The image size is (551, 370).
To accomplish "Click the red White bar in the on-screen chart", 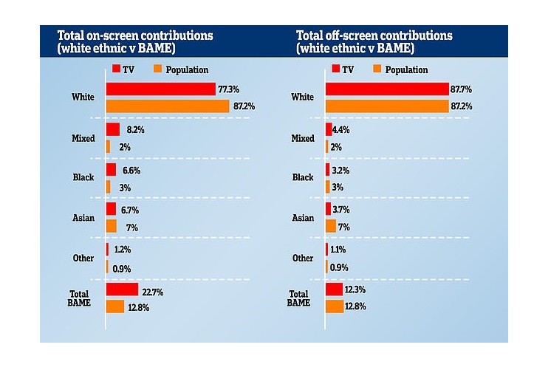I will click(x=160, y=89).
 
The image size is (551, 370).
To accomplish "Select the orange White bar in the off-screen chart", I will click(x=386, y=106).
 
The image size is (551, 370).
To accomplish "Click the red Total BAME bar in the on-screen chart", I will click(x=122, y=290).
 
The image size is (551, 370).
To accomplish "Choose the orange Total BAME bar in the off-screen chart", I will click(x=335, y=306).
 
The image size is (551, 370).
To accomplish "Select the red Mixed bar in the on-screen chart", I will click(x=113, y=129).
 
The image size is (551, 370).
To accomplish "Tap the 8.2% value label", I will click(x=134, y=129).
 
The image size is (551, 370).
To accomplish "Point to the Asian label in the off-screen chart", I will click(x=303, y=218).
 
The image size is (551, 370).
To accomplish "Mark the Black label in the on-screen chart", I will click(x=83, y=177).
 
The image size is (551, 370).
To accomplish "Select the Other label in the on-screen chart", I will click(x=83, y=258).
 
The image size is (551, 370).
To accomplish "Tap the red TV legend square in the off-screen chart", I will click(x=336, y=69).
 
